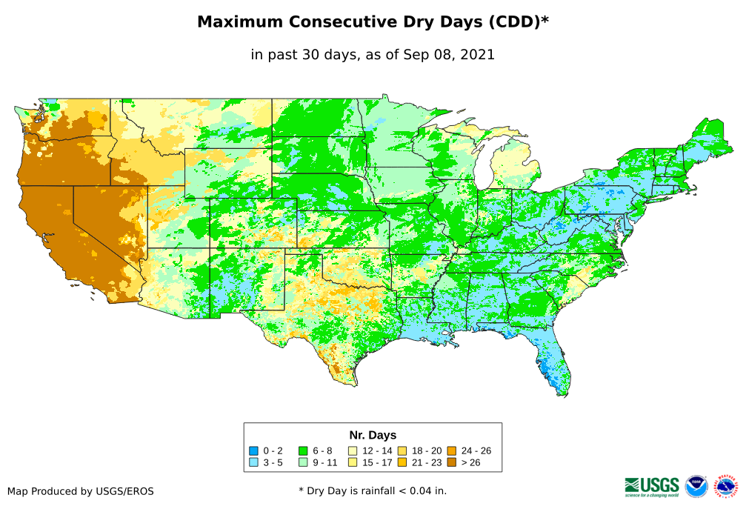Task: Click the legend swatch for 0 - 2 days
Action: tap(253, 451)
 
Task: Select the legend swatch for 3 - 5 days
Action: tap(253, 462)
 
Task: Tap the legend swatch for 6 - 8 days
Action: tap(303, 451)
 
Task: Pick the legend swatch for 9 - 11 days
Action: tap(303, 462)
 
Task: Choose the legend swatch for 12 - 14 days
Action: tap(353, 451)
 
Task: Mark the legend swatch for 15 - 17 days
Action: tap(353, 462)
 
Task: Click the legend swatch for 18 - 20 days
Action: tap(402, 451)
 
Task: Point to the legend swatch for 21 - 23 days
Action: tap(402, 462)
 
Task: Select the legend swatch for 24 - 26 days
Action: tap(451, 451)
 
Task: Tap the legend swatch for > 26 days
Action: tap(451, 462)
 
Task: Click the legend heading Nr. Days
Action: tap(373, 435)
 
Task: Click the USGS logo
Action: tap(652, 486)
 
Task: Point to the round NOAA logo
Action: tap(696, 486)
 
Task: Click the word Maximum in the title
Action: tap(242, 22)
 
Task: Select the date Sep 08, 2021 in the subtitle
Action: tap(451, 54)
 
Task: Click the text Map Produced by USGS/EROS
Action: tap(81, 491)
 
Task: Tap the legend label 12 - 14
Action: tap(376, 451)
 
